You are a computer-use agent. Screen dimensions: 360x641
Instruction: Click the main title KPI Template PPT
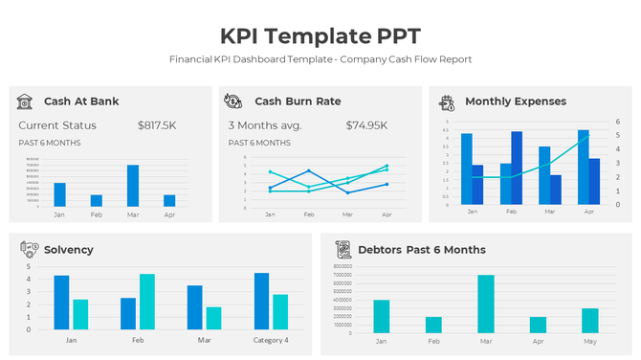click(x=320, y=36)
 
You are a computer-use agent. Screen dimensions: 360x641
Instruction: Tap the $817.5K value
click(x=157, y=125)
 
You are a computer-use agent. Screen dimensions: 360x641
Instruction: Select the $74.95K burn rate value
click(x=366, y=125)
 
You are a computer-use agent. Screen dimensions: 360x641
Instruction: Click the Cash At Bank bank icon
click(x=26, y=101)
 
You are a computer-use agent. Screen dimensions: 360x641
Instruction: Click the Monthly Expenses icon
click(x=446, y=101)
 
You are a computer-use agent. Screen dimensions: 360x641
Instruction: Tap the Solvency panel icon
click(x=29, y=249)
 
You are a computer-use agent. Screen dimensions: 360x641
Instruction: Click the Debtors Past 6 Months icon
click(x=343, y=249)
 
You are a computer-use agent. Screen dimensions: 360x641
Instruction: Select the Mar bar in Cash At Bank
click(x=133, y=186)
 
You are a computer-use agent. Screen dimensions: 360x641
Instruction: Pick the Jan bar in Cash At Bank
click(x=59, y=194)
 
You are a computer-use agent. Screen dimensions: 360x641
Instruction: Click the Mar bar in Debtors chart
click(x=486, y=304)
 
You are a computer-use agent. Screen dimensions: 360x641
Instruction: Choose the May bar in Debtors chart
click(x=589, y=320)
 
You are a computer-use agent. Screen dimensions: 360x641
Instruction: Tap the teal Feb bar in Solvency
click(x=147, y=302)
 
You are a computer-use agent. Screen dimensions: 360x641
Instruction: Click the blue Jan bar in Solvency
click(x=61, y=303)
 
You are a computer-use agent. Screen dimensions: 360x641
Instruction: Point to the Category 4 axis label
click(x=271, y=340)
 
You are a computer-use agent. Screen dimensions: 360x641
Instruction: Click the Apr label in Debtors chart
click(x=538, y=341)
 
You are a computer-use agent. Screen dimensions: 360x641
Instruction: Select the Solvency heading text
click(x=69, y=250)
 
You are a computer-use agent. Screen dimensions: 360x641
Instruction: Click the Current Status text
click(x=57, y=125)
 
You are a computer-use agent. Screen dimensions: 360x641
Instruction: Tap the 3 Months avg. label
click(x=264, y=125)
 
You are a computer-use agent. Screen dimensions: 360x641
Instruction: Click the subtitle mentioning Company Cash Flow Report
click(x=320, y=59)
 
